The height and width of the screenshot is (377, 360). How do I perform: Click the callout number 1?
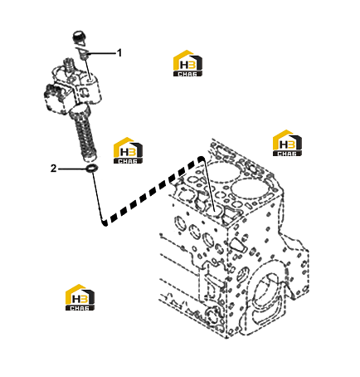(x=119, y=52)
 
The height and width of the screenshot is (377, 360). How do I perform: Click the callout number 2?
(x=53, y=168)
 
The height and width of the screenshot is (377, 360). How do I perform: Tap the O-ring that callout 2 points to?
(x=91, y=169)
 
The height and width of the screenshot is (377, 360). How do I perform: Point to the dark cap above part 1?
(x=79, y=38)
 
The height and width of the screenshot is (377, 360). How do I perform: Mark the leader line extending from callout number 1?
(x=102, y=53)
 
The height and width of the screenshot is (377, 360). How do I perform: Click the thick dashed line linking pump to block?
(x=152, y=191)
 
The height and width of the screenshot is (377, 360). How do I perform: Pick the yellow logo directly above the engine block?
(x=287, y=143)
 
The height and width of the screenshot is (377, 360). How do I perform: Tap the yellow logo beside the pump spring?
(x=128, y=150)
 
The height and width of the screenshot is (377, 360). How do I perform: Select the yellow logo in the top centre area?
(x=187, y=63)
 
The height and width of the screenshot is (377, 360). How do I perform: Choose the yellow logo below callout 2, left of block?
(x=80, y=297)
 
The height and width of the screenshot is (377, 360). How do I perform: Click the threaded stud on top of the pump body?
(x=69, y=66)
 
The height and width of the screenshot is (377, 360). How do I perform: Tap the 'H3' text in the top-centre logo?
(x=187, y=66)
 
